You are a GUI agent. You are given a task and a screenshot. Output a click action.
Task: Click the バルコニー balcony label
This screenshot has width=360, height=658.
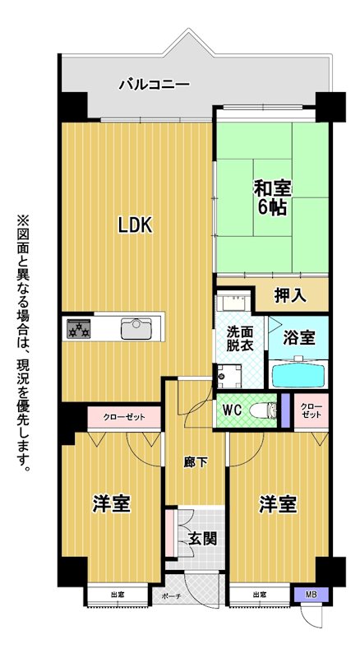155,85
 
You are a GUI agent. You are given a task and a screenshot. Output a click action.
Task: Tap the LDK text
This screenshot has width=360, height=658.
134,225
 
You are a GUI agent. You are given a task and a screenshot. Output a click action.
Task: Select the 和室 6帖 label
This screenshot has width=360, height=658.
272,198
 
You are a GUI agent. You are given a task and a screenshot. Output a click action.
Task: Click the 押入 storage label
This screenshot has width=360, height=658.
290,296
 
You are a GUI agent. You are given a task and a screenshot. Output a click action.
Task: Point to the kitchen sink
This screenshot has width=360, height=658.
136,328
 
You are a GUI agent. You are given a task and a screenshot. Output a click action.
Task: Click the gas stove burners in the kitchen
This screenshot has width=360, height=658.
78,328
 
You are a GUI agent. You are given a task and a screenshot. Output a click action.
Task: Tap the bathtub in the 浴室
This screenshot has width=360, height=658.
298,374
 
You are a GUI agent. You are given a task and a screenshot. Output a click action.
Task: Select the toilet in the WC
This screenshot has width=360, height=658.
263,410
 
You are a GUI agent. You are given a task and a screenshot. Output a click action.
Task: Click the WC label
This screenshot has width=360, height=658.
232,410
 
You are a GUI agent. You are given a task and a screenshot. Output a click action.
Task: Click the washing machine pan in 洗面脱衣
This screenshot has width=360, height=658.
229,376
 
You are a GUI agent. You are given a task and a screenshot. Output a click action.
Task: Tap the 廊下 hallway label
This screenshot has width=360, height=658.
196,462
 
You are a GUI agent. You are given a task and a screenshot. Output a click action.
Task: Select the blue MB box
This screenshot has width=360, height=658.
311,594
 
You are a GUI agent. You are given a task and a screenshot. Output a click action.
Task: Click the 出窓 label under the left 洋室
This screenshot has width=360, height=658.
118,594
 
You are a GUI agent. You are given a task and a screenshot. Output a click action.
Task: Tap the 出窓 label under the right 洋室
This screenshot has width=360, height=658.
260,594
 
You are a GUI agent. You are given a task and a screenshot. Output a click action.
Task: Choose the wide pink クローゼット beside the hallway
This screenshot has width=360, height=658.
124,417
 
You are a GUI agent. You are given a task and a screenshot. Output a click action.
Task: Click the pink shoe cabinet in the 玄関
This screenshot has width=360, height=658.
171,534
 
